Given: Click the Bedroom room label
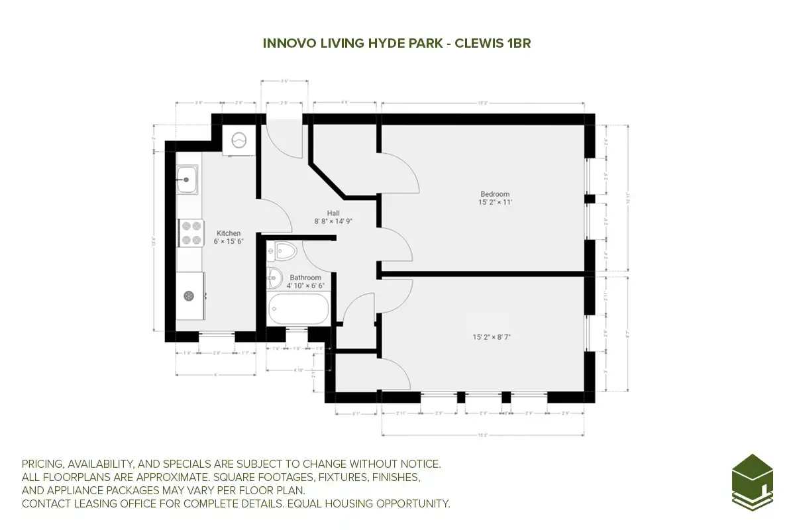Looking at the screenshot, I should click(x=495, y=194).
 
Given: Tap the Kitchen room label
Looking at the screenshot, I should click(x=229, y=233).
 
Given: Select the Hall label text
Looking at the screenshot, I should click(x=333, y=213).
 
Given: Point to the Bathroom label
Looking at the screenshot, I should click(x=305, y=278).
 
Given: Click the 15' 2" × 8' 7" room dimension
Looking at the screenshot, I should click(x=492, y=337).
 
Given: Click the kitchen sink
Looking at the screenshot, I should click(x=187, y=179).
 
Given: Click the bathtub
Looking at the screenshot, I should click(x=298, y=309).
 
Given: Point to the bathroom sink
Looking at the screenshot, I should click(x=276, y=278).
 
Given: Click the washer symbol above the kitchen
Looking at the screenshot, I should click(x=238, y=140).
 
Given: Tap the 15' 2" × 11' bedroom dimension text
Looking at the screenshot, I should click(x=495, y=202).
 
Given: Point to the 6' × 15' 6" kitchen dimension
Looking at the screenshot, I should click(x=229, y=242).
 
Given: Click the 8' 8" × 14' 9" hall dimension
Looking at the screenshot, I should click(x=333, y=221).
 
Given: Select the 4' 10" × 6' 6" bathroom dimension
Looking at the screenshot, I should click(x=305, y=286).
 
